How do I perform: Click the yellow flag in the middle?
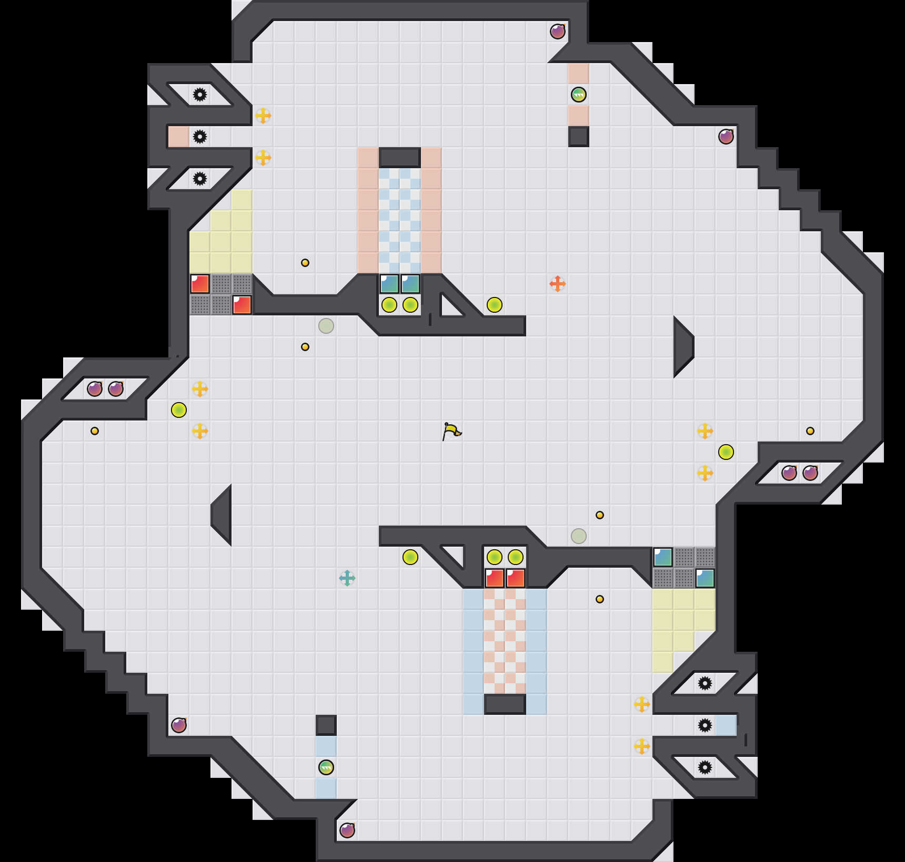451,432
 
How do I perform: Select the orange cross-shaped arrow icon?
558,284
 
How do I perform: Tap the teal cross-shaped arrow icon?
347,578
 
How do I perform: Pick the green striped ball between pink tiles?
579,95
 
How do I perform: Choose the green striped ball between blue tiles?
326,767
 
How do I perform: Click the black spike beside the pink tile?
200,137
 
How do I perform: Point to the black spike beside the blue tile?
705,725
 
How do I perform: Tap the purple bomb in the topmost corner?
558,32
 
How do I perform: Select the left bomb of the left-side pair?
95,389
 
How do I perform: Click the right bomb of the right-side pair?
810,473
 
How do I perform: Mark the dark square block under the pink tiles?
579,137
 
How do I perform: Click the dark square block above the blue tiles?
326,725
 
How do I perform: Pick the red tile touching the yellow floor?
200,284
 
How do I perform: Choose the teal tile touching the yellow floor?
705,578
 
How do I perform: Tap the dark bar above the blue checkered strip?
400,157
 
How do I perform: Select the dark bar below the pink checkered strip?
505,704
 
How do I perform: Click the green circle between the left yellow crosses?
179,410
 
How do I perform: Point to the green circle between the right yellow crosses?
726,452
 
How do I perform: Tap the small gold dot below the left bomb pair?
95,431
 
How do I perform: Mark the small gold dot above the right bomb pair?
810,431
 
